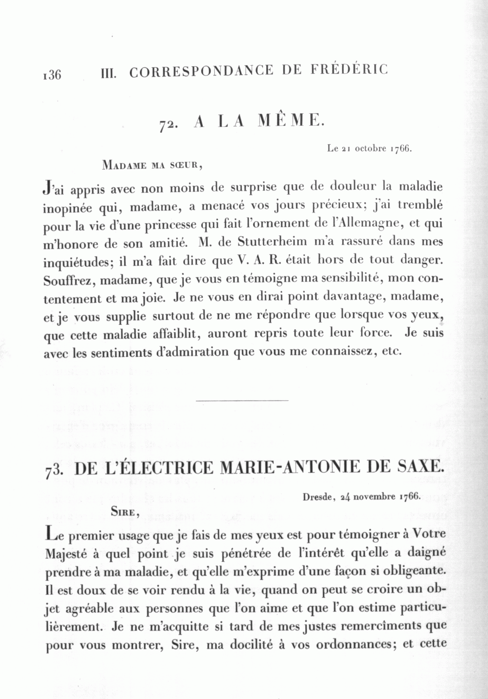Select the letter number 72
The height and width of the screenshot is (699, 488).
pyautogui.click(x=166, y=124)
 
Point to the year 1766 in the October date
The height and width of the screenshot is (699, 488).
pyautogui.click(x=401, y=149)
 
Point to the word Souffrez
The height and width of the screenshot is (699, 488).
pyautogui.click(x=65, y=281)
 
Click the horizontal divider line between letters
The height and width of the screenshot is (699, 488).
pyautogui.click(x=241, y=401)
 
